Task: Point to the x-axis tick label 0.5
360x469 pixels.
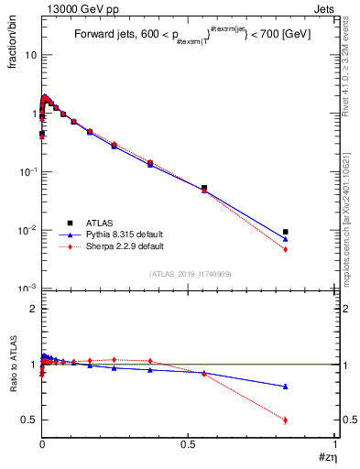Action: (x=189, y=443)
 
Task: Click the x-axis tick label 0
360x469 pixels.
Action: (x=42, y=443)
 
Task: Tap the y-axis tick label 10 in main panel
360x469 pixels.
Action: (x=30, y=55)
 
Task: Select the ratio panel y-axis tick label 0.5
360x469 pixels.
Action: (x=28, y=420)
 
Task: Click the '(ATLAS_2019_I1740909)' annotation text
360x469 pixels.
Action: (x=190, y=274)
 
